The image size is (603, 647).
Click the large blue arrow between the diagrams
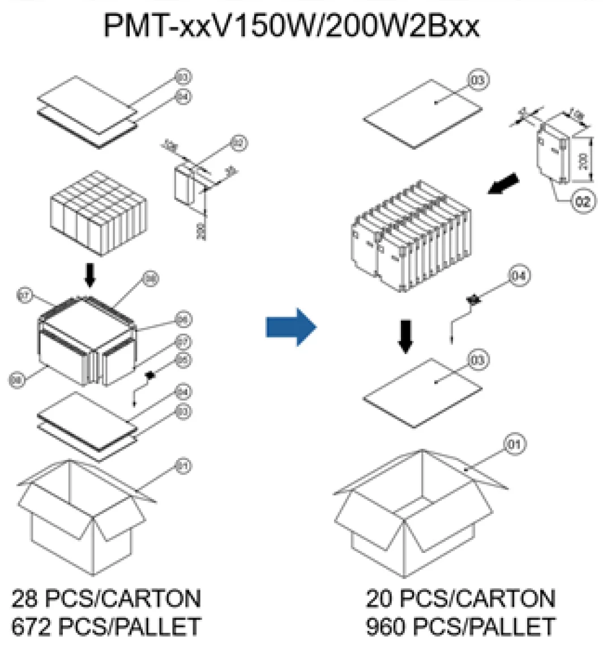pos(290,327)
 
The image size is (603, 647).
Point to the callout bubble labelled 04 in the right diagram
pos(519,276)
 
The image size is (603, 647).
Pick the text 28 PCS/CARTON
pos(106,598)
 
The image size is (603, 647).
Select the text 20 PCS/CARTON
pos(460,598)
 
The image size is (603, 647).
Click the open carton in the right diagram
pos(419,510)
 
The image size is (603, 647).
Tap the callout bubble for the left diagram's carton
pos(184,466)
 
